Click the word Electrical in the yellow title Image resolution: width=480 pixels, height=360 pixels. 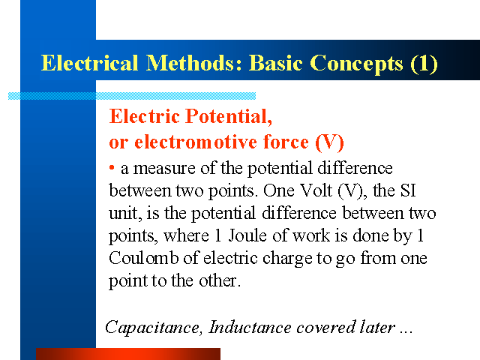[89, 63]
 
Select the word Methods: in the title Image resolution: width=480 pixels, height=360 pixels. [194, 63]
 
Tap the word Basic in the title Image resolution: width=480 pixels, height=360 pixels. [276, 63]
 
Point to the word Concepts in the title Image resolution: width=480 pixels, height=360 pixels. [357, 64]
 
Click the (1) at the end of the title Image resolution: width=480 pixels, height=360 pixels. [424, 64]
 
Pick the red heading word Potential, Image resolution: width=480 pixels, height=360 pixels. [229, 116]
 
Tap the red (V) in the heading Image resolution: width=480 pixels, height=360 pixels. [330, 142]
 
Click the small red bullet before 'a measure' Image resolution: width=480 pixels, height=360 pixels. [112, 167]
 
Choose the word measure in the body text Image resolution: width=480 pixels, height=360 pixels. [164, 169]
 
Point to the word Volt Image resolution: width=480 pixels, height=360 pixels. [316, 190]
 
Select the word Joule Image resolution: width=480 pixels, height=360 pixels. [247, 235]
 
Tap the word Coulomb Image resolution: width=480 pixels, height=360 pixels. [143, 258]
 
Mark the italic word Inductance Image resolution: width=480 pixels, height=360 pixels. [250, 327]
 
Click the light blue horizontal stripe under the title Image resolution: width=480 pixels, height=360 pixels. [132, 96]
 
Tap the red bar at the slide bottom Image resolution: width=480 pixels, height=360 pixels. [128, 354]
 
